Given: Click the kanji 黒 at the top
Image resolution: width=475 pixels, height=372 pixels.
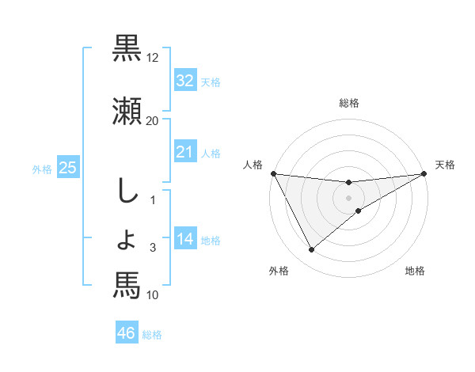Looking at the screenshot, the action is coord(127,49).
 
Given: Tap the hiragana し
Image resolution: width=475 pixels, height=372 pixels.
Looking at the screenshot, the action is coord(127,193).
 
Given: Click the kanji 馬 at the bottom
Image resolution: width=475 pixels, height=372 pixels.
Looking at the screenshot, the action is coord(127,285).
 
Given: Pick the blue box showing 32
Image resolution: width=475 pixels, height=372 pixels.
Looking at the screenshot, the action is coord(184,81).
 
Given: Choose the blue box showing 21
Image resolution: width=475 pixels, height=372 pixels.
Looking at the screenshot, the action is coord(184,152).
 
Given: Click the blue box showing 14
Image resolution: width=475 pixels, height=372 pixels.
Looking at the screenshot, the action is coord(184,239).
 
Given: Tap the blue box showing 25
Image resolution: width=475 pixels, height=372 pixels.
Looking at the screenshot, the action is coord(67,168).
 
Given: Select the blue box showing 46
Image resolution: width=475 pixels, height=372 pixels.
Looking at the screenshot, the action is coord(127,333).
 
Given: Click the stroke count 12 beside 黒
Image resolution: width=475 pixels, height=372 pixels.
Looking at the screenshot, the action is coord(153,58).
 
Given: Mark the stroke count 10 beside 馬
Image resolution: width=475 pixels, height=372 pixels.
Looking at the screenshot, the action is coord(153,295).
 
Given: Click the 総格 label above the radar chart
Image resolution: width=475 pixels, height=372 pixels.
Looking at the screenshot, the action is coord(349,103).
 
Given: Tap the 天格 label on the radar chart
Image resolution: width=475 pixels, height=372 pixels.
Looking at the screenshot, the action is coord(446,165).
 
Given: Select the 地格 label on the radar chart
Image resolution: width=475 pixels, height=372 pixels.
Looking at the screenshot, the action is coord(415,271).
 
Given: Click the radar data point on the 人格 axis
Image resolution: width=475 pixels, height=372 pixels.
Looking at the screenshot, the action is coord(274,173).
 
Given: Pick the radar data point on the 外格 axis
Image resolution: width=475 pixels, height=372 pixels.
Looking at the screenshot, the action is coord(311,250).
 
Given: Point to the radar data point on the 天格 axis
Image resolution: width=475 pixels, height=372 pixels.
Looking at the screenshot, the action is coord(424,173).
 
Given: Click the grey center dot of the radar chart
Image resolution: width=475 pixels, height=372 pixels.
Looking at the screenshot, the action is coord(349,198).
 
